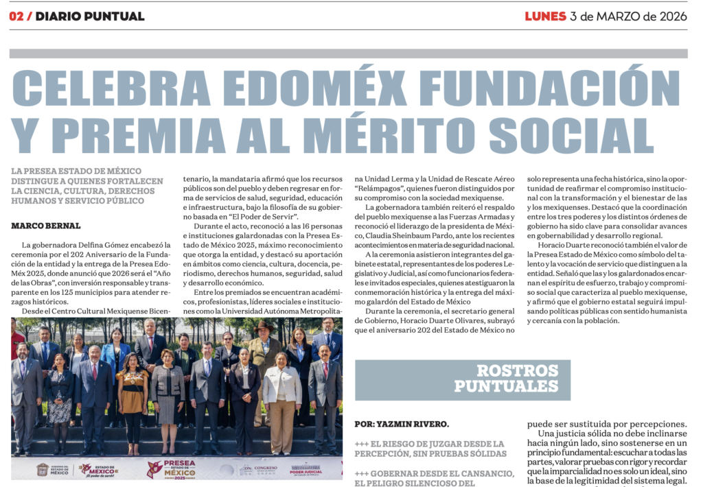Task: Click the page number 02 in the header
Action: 16,16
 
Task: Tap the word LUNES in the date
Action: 545,16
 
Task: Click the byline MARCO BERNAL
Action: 45,226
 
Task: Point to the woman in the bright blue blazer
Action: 115,357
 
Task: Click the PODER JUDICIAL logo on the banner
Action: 305,469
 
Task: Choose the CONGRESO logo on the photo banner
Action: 261,470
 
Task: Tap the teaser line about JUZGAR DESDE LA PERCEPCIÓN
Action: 430,449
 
